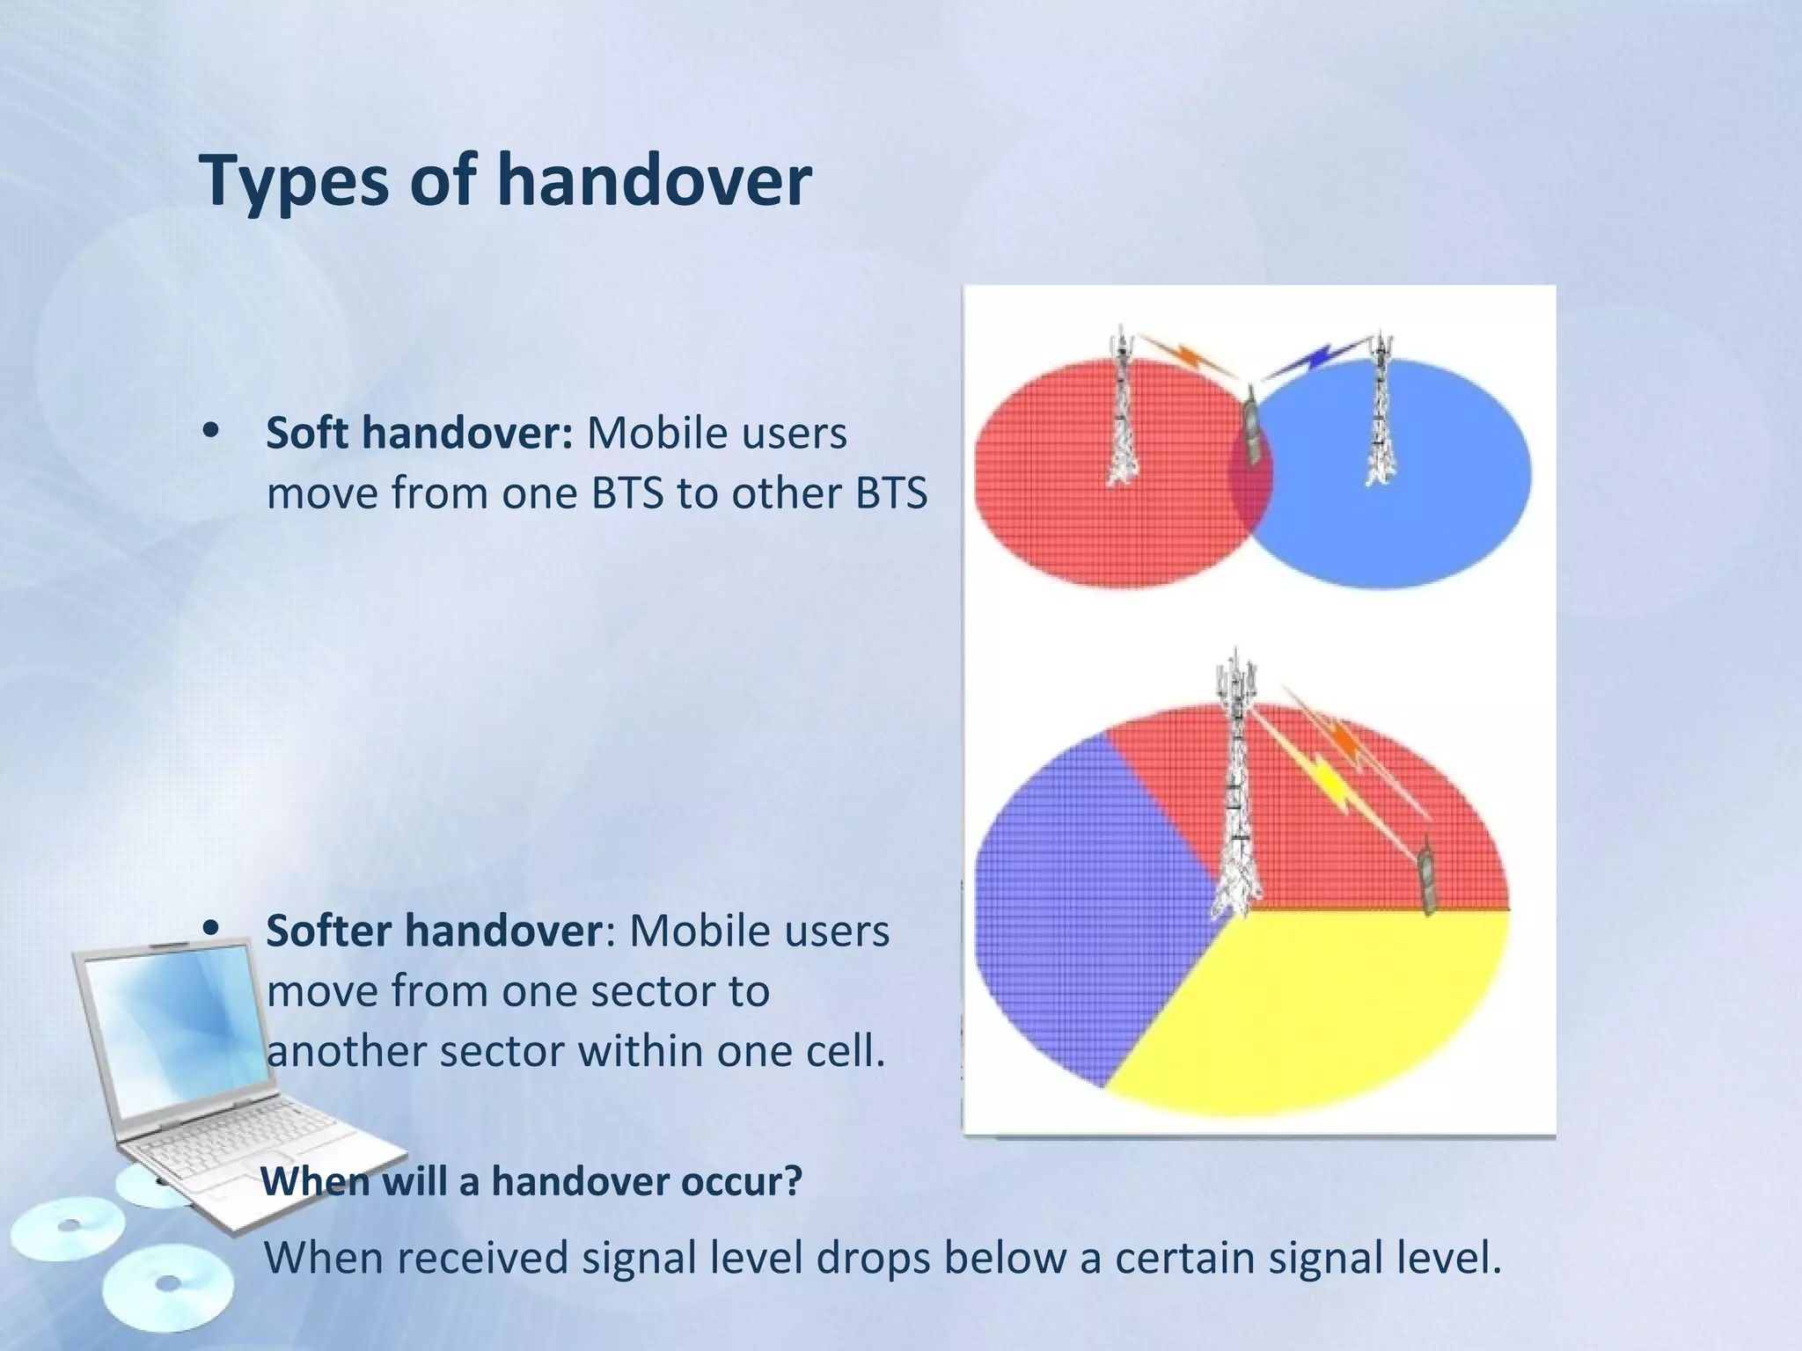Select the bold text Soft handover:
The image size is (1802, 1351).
click(420, 433)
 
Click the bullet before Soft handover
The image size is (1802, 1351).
click(211, 431)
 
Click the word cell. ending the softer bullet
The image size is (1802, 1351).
click(845, 1051)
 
